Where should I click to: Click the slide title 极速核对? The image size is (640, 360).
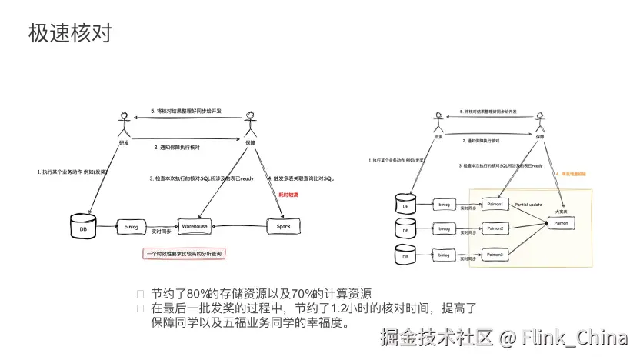pos(70,33)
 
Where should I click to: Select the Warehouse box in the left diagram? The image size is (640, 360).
pos(195,226)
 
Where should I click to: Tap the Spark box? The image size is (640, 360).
pos(282,226)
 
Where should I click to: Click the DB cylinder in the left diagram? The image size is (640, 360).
pos(79,227)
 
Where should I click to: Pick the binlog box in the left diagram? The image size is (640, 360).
pos(131,226)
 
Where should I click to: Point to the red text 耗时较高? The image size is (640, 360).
pos(288,196)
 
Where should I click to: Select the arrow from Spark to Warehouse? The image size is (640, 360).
pos(238,226)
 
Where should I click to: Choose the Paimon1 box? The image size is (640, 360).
pos(495,205)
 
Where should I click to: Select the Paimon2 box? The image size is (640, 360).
pos(495,228)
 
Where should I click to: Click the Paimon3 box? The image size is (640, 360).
pos(495,254)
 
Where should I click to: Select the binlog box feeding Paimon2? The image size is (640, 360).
pos(445,228)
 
